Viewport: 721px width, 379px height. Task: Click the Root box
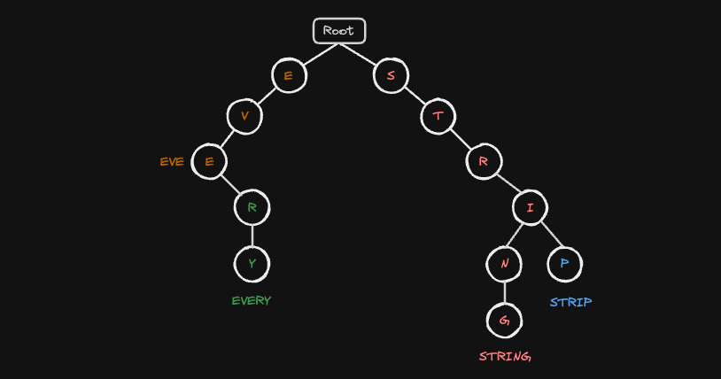pos(339,31)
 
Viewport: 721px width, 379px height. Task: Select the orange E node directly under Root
pos(289,75)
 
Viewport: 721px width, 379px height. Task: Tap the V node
pos(244,116)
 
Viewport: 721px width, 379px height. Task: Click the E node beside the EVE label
pos(209,161)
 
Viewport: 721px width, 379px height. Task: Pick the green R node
pos(252,207)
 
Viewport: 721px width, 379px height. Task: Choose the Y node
pos(252,264)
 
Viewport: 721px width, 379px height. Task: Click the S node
pos(391,75)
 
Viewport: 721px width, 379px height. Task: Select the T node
pos(438,116)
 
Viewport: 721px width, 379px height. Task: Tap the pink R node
pos(484,161)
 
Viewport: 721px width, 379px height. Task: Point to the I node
pos(531,207)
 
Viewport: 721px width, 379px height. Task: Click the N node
pos(504,264)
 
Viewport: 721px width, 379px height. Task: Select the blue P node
pos(564,264)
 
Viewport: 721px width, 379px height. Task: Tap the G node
pos(504,321)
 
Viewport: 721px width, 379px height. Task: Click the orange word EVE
pos(172,162)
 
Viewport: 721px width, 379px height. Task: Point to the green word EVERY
pos(252,301)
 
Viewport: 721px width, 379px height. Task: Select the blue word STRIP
pos(571,302)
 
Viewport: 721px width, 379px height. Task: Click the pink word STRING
pos(505,357)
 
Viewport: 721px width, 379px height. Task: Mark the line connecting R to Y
pos(252,236)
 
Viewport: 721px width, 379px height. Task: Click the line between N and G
pos(504,292)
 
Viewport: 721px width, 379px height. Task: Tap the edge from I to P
pos(552,234)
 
